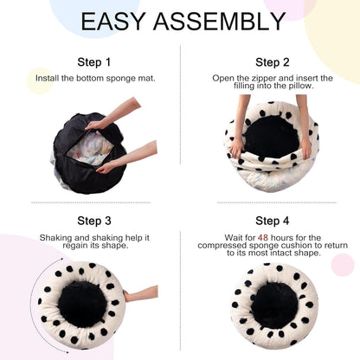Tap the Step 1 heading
pos(94,62)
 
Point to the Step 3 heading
pos(94,222)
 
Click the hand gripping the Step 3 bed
pos(130,296)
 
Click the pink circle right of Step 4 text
pos(343,265)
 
